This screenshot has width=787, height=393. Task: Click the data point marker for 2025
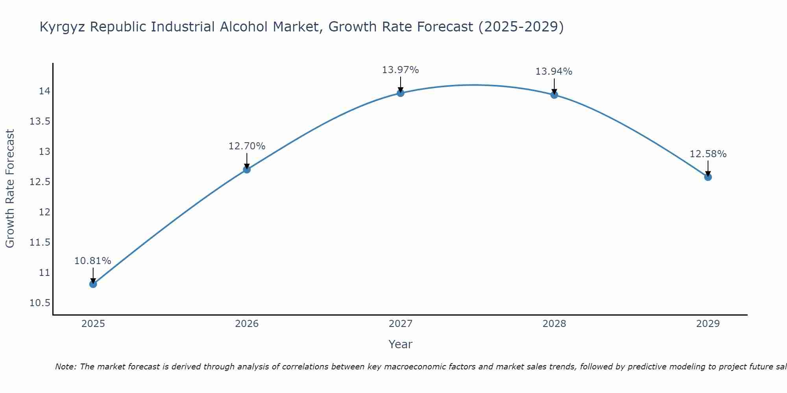coord(93,284)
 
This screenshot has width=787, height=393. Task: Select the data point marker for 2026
coord(247,169)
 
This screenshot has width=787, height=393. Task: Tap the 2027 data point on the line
coord(401,93)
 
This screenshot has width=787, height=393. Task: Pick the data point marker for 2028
coord(554,95)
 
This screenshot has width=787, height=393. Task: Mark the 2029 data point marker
coord(708,177)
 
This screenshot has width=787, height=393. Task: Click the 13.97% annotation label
coord(401,70)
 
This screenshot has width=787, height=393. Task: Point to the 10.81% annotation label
coord(93,261)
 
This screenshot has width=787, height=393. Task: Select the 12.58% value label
coord(708,154)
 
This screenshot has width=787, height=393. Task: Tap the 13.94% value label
coord(554,72)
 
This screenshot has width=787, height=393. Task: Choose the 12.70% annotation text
coord(247,146)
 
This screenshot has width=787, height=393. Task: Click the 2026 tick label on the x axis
coord(247,324)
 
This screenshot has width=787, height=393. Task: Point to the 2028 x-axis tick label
coord(554,324)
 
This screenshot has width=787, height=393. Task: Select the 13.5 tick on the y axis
coord(40,121)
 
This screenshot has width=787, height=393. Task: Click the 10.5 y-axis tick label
coord(40,303)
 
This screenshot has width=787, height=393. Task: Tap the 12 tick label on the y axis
coord(44,212)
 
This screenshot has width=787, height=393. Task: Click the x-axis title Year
coord(401,344)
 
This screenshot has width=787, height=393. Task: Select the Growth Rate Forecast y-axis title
coord(10,189)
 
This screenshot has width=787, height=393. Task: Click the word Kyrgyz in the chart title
coord(63,27)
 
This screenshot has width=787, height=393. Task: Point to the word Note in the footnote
coord(65,367)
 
